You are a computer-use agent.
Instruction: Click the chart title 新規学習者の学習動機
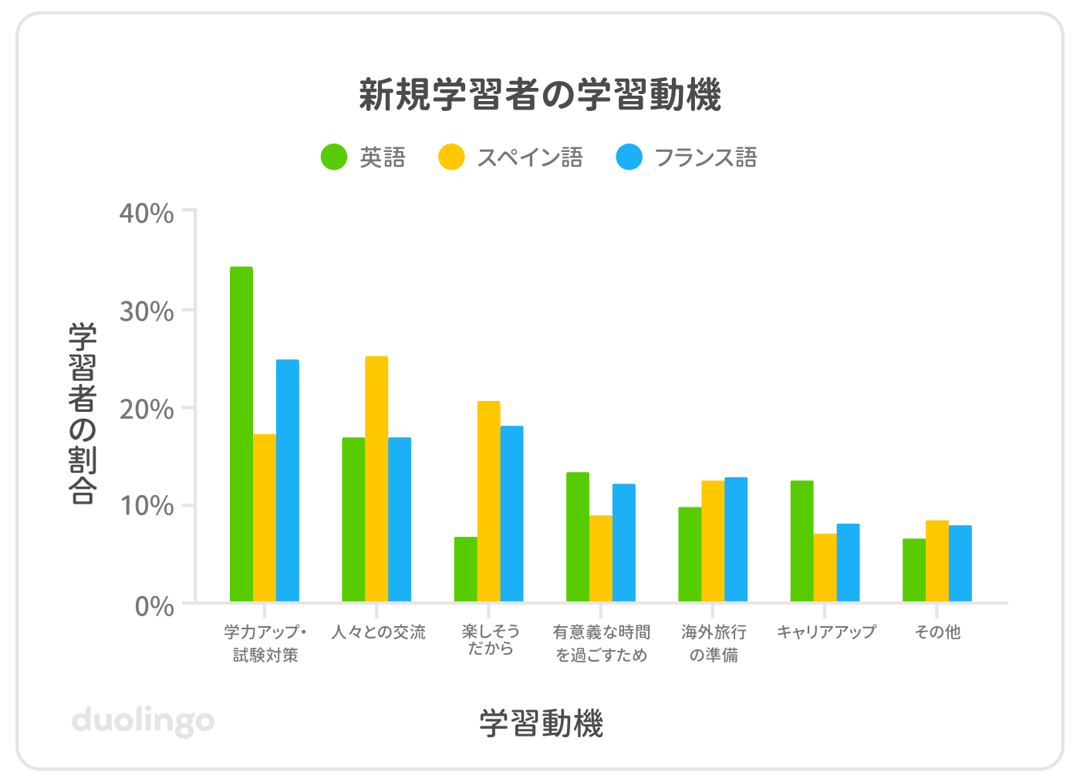(x=540, y=96)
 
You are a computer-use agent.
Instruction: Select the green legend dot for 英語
(x=334, y=157)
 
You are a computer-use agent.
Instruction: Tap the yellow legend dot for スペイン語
(x=451, y=157)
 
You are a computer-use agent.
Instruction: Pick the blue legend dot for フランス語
(x=629, y=157)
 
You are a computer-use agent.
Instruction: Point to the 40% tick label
(x=147, y=213)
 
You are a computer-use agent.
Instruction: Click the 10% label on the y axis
(x=147, y=506)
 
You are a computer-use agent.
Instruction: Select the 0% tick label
(x=154, y=607)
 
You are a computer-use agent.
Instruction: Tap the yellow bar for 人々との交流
(x=376, y=479)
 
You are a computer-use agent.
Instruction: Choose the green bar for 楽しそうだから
(x=466, y=569)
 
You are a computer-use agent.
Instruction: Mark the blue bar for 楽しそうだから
(x=511, y=514)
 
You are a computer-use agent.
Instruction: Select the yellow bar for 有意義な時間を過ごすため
(x=601, y=558)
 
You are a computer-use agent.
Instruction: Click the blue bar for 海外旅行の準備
(x=736, y=540)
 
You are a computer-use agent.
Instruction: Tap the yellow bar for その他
(x=937, y=561)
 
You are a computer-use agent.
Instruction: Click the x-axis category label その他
(x=937, y=632)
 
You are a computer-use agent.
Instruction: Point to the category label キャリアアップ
(x=826, y=632)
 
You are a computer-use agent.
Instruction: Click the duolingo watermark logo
(x=143, y=721)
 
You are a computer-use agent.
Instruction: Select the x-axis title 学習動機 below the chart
(x=542, y=723)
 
